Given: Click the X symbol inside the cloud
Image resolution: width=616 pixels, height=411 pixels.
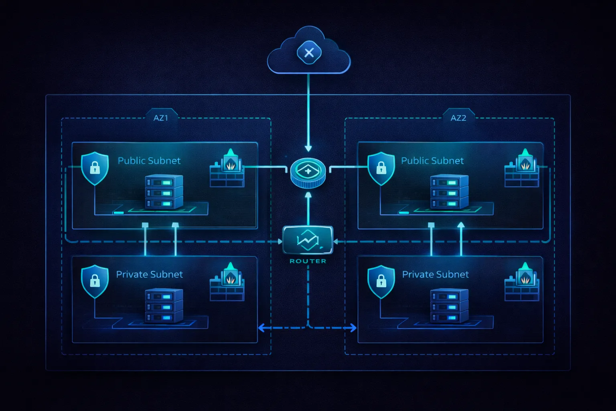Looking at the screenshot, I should tap(309, 53).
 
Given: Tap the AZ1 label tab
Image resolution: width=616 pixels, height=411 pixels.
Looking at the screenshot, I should tap(161, 118).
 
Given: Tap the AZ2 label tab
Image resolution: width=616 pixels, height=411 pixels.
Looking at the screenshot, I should tap(458, 118).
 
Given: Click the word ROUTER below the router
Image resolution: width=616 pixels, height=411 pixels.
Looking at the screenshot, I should tap(308, 261).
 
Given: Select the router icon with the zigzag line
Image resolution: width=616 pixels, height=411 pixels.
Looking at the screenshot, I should tap(308, 240).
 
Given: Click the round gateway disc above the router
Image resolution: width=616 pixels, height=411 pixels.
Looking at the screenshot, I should tap(308, 172).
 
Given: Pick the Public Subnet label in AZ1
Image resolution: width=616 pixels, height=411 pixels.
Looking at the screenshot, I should tap(149, 161).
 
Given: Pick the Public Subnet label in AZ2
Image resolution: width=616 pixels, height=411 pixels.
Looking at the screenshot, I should tap(432, 161).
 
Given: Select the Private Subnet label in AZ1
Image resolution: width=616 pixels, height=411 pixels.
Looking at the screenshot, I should tap(149, 274).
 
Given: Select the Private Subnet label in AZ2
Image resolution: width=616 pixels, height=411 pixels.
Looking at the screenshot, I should tap(435, 274).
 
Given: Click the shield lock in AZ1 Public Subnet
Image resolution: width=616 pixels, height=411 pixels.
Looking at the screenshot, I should tap(95, 168).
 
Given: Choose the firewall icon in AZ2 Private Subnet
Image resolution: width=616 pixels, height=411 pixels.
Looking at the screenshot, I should tap(522, 283).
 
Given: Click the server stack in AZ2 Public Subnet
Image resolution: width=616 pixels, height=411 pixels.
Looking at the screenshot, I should tap(449, 192).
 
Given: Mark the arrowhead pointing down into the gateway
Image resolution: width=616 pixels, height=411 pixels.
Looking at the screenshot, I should tap(308, 148).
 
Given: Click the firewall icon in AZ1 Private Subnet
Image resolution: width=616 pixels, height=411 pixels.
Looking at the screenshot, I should tap(227, 283).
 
